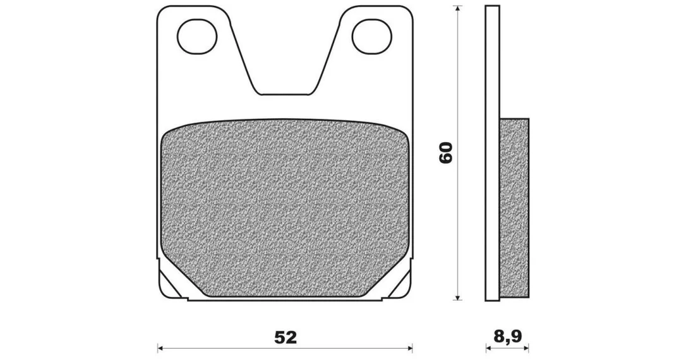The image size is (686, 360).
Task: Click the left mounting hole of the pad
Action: tap(197, 37)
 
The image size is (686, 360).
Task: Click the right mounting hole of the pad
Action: tap(371, 37)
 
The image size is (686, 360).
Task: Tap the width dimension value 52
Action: tap(286, 337)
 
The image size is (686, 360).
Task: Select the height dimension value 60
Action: tap(445, 153)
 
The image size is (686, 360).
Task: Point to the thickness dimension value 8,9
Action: tap(507, 336)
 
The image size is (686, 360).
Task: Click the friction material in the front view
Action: tap(285, 207)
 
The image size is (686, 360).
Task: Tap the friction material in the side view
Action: tap(514, 209)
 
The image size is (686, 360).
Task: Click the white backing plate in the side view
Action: tap(492, 153)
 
